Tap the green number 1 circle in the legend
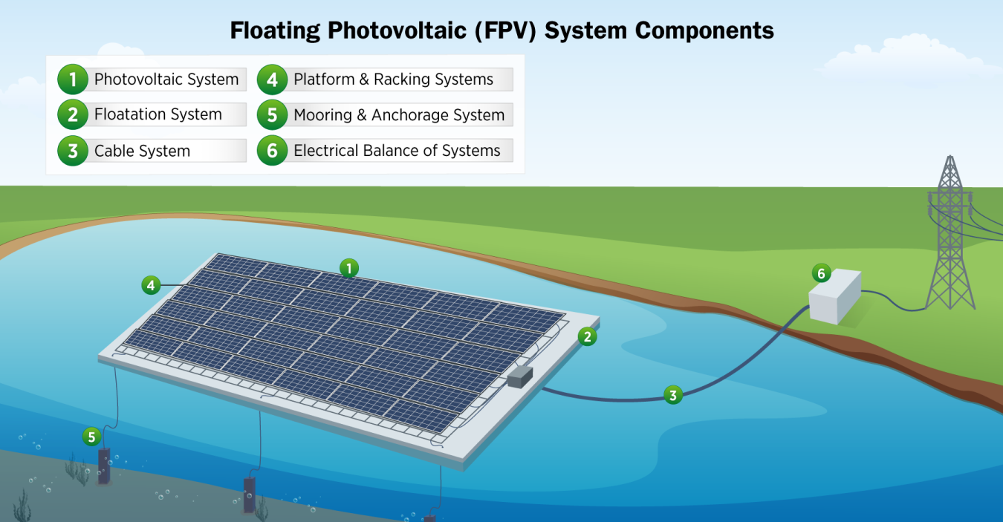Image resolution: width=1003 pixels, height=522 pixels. (72, 79)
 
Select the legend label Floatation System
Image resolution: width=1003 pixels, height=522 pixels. (158, 114)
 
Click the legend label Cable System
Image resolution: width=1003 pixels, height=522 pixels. (142, 151)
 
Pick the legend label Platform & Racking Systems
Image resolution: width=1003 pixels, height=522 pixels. (393, 79)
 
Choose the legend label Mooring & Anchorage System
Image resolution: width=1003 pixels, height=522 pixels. (398, 115)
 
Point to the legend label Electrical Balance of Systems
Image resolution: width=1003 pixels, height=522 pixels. (397, 151)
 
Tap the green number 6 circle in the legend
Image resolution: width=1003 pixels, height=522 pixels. (272, 151)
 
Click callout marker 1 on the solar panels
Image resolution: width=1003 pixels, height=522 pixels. (348, 268)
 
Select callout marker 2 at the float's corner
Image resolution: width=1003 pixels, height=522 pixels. (587, 337)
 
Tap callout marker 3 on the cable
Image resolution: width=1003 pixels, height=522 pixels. (672, 395)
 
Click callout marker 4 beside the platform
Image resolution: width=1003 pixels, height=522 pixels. (151, 284)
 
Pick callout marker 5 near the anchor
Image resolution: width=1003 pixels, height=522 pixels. (91, 437)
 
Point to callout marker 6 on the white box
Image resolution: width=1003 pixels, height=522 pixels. (821, 274)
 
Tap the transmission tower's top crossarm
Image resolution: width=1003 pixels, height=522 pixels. (950, 194)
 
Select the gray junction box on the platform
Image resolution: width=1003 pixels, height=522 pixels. (521, 377)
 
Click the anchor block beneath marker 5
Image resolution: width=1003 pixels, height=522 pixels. (104, 466)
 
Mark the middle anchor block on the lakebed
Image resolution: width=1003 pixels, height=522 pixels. (250, 493)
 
